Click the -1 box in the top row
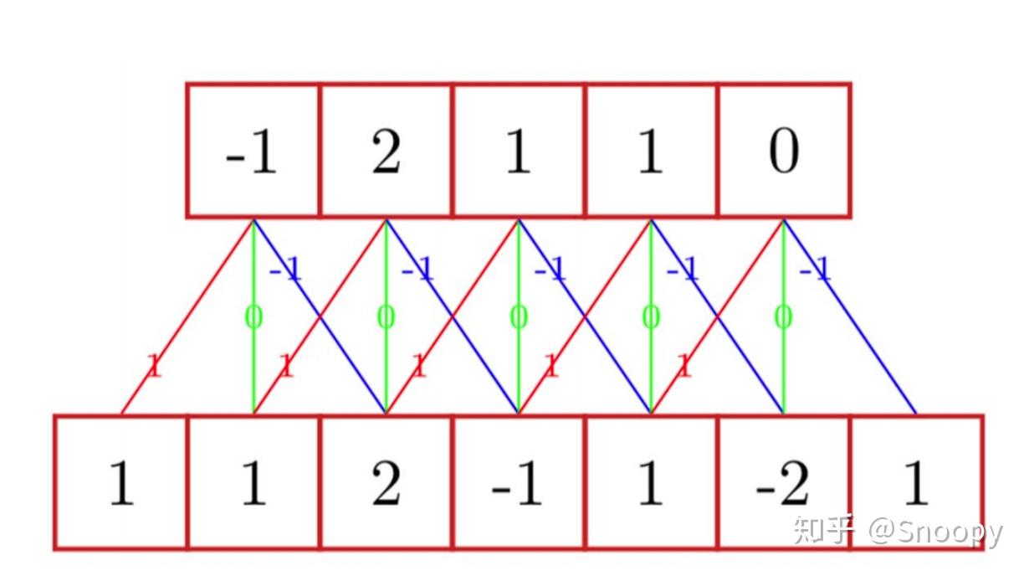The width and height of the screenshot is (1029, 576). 253,151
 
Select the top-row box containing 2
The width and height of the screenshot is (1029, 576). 386,151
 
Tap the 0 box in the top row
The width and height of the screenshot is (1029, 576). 784,151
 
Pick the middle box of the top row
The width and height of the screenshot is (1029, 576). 518,151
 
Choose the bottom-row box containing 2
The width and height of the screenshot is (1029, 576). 386,482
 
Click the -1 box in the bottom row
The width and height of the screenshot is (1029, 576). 518,482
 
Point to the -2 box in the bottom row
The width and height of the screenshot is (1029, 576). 784,482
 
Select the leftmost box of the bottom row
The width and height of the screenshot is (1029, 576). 121,482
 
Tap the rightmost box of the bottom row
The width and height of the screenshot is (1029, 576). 916,482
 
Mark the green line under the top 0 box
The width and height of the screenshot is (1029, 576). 784,368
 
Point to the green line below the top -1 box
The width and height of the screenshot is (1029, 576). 253,368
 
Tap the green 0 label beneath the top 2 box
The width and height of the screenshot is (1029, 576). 386,317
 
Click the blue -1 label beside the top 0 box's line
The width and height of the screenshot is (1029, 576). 814,269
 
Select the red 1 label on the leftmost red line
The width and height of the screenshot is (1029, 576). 153,366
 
